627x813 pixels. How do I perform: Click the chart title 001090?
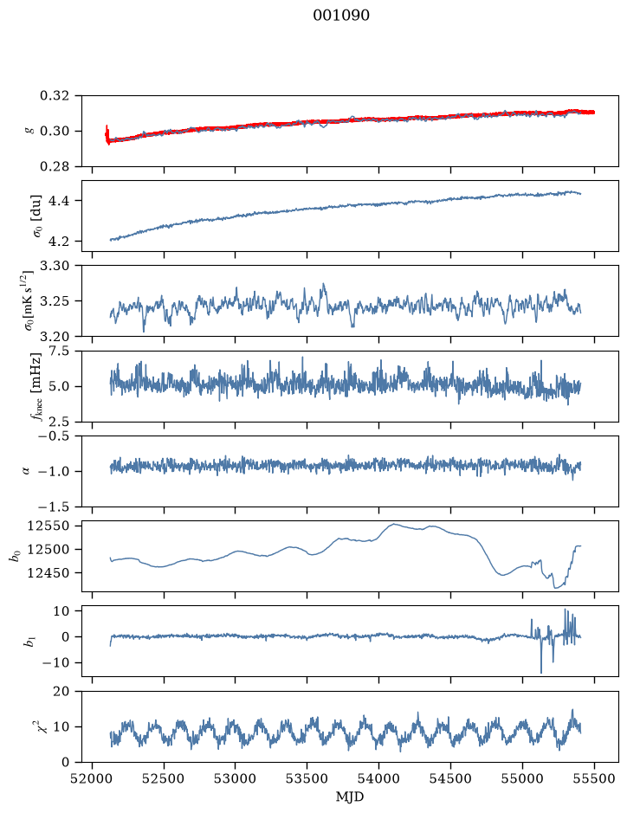(340, 16)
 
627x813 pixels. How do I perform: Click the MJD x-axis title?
(350, 797)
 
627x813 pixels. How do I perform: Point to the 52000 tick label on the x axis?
(93, 778)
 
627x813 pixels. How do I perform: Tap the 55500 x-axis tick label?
(594, 778)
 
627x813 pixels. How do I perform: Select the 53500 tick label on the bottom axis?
(307, 778)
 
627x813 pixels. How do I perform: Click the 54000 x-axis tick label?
(378, 778)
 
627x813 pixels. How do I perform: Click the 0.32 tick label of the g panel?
(54, 96)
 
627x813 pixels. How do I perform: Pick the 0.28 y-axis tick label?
(54, 166)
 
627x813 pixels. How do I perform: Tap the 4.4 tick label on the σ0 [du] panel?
(58, 201)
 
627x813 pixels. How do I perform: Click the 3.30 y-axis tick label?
(54, 266)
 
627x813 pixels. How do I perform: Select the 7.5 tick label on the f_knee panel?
(58, 351)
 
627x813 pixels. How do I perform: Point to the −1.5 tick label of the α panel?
(51, 507)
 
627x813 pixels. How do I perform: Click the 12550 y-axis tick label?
(48, 526)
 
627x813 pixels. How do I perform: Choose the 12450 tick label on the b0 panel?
(48, 573)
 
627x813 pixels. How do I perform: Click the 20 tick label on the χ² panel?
(61, 692)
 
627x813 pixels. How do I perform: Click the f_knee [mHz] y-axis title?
(36, 386)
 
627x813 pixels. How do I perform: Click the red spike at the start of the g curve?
(107, 134)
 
